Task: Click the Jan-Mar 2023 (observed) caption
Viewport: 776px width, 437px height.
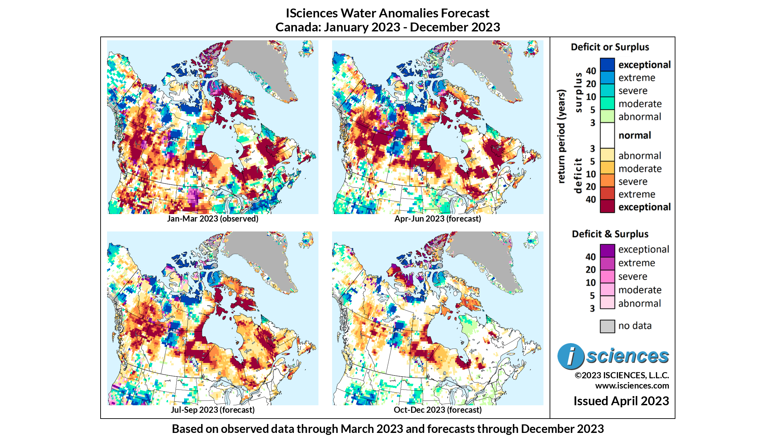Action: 212,218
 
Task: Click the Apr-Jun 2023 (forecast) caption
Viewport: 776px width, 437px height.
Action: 437,218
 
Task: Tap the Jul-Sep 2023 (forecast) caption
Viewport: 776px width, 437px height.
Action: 212,410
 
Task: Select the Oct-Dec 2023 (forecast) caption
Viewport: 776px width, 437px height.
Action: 437,410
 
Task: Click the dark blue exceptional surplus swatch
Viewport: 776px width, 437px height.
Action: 607,65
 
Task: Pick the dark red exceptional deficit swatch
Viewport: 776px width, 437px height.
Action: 607,207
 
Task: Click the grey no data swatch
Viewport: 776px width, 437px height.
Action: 607,326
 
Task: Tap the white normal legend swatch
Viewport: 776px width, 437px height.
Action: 607,135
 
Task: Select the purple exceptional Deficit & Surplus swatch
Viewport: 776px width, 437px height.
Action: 607,250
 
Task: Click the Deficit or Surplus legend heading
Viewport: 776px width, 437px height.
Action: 610,47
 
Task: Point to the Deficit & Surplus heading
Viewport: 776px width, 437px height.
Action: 610,234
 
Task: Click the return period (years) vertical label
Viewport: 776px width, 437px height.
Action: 561,137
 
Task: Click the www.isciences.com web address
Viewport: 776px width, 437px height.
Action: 632,386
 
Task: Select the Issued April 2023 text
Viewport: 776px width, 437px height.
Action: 621,401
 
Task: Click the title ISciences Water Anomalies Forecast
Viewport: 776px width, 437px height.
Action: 387,13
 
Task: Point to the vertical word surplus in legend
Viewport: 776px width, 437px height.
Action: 578,92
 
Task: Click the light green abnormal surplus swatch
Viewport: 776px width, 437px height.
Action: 607,116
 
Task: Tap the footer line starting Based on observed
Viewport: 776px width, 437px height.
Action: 388,429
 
